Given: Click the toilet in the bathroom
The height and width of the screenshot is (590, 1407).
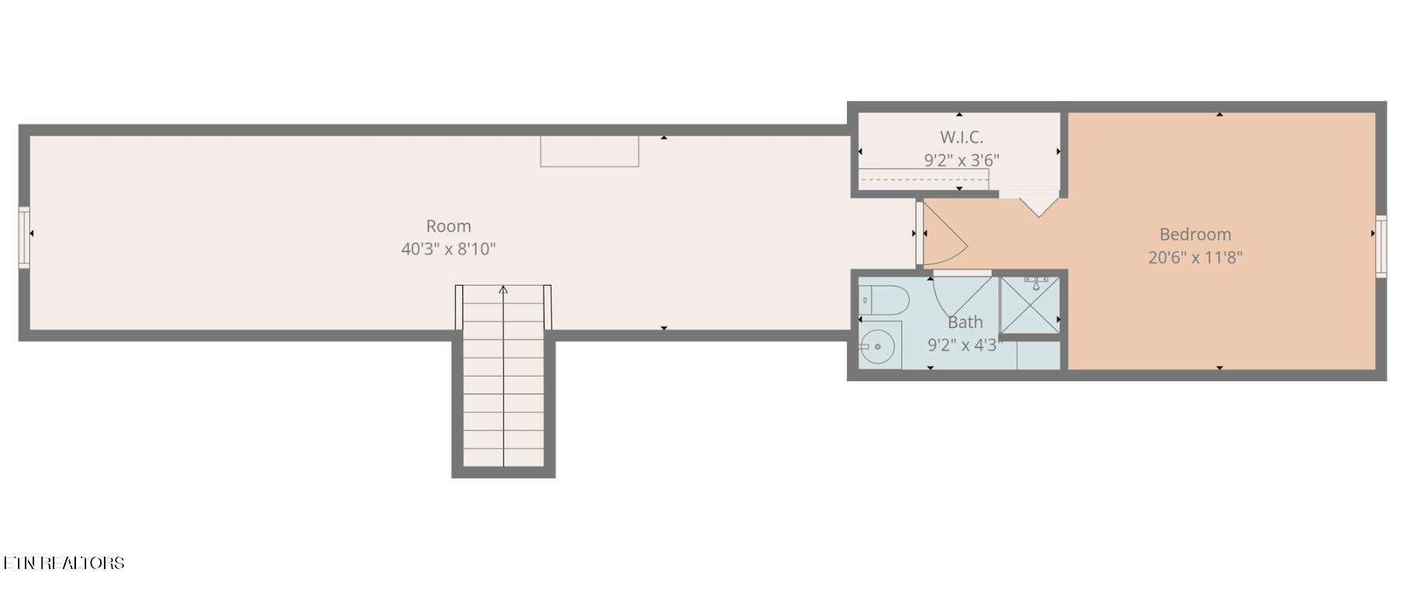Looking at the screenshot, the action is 883,300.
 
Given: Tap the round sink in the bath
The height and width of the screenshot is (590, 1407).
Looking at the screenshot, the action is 878,346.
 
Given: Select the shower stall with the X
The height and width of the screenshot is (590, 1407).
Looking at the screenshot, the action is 1029,304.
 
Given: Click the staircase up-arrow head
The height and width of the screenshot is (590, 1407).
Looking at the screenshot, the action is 503,290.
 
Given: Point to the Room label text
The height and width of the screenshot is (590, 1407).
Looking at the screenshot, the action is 448,226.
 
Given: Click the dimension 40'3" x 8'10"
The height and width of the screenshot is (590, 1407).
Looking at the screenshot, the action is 448,249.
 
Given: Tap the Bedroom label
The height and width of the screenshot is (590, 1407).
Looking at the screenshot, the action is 1195,234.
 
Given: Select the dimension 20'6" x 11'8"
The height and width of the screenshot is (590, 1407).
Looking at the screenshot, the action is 1195,257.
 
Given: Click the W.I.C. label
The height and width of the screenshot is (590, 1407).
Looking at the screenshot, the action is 962,137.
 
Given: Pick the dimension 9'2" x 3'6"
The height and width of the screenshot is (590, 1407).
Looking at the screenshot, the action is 962,161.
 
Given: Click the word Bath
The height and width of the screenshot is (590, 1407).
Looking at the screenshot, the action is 965,322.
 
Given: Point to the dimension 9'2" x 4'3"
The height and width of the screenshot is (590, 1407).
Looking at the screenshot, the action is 965,345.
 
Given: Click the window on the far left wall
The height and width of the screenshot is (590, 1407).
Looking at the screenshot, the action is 24,238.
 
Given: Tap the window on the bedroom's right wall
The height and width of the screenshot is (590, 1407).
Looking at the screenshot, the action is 1381,247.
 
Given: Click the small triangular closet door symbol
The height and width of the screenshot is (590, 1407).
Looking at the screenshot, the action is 1038,206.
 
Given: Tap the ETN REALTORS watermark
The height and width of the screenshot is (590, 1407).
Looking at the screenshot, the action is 63,563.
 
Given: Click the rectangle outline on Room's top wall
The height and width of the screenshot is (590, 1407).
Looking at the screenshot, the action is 589,151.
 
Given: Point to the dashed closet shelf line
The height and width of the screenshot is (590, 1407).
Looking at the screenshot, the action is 924,179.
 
